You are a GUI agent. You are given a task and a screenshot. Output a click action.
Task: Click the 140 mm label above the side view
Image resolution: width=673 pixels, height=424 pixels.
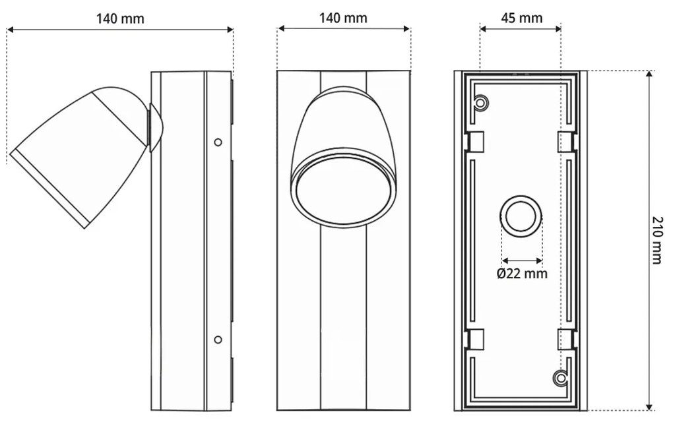point(119,18)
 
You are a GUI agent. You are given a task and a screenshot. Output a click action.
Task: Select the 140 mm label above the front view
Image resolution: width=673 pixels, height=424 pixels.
point(343,18)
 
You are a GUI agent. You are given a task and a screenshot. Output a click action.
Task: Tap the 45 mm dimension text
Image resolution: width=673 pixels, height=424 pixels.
point(521,18)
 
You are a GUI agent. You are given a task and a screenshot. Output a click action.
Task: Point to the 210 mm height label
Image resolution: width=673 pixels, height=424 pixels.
point(657,239)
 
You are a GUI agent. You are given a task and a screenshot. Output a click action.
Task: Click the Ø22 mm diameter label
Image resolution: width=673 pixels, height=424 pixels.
point(522,273)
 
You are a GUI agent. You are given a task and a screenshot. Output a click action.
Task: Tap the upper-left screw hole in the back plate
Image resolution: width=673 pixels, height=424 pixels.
point(481,103)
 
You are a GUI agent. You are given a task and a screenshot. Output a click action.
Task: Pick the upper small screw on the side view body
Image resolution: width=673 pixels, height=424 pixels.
point(218,142)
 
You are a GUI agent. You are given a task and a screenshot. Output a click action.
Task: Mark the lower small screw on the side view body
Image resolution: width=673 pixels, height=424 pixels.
point(218,339)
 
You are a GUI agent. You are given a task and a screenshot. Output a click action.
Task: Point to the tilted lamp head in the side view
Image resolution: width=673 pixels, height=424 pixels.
point(79,155)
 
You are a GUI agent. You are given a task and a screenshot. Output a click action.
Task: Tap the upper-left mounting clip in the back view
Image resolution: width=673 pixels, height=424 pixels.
point(476,141)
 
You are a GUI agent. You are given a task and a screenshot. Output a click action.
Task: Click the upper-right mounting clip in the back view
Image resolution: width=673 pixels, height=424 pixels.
point(567,141)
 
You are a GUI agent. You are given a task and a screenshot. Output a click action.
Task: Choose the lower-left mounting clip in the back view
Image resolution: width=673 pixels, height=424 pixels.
point(476,339)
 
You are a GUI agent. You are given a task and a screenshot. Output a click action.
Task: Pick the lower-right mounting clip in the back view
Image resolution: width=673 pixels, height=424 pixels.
point(567,339)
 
